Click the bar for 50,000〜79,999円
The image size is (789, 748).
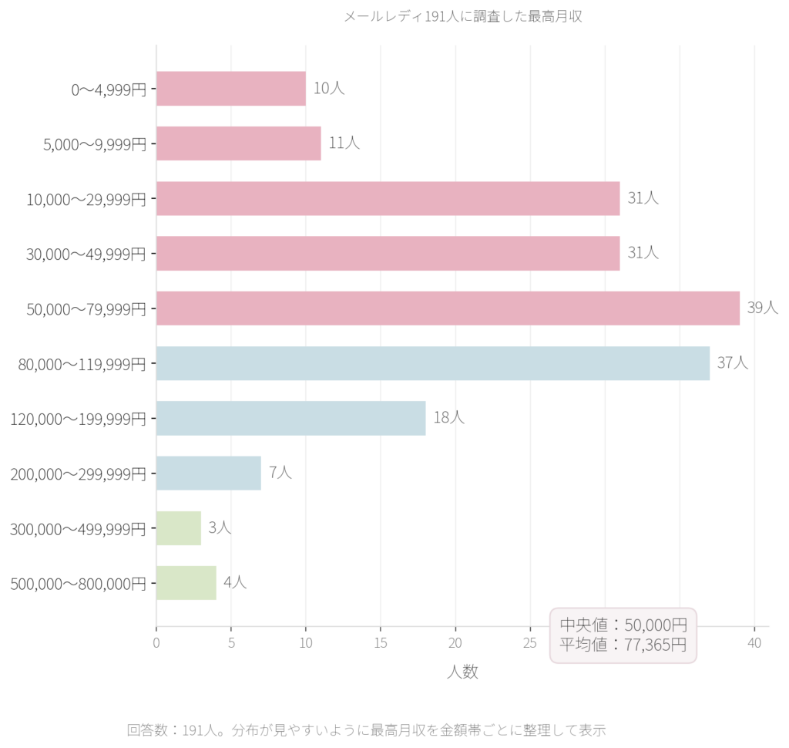[448, 308]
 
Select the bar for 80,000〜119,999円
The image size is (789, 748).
[432, 363]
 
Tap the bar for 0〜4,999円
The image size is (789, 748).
[230, 89]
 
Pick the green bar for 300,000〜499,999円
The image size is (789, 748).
[178, 528]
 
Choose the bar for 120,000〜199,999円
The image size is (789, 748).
[290, 418]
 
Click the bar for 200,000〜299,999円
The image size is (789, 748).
[208, 473]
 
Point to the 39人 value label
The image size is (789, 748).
[763, 308]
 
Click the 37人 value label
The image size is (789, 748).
[733, 362]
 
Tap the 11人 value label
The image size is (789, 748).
[344, 143]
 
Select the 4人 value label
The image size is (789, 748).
[235, 582]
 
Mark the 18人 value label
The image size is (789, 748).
[448, 418]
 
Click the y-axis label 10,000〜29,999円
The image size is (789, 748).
[86, 199]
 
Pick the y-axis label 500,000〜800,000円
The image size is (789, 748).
[78, 584]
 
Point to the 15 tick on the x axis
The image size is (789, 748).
[381, 643]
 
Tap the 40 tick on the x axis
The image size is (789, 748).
[754, 643]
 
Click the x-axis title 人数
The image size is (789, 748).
[462, 672]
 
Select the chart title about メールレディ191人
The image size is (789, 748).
[462, 16]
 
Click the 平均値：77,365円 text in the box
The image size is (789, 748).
[623, 645]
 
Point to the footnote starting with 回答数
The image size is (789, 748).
[366, 729]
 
